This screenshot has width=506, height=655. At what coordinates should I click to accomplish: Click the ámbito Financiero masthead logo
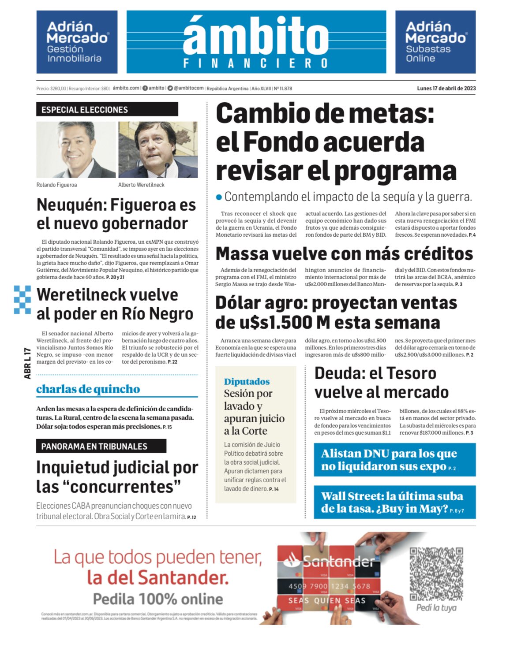click(256, 42)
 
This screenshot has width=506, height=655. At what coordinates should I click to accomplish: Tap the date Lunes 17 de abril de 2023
click(446, 88)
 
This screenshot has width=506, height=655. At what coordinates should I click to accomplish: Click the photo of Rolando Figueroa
click(76, 150)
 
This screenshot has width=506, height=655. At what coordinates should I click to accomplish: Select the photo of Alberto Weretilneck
click(158, 150)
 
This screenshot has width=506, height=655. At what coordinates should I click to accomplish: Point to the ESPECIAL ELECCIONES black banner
click(107, 109)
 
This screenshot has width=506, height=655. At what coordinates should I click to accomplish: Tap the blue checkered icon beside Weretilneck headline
click(22, 300)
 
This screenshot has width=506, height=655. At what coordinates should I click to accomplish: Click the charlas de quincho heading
click(88, 389)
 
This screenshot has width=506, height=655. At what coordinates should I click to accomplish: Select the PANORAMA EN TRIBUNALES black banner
click(101, 446)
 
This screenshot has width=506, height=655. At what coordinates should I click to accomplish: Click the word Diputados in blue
click(247, 382)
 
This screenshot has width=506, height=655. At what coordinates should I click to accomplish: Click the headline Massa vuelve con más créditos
click(344, 254)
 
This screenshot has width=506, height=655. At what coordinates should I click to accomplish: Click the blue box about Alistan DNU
click(394, 460)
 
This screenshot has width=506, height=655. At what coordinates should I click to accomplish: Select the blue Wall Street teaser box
click(394, 502)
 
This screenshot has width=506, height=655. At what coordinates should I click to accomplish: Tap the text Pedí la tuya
click(436, 608)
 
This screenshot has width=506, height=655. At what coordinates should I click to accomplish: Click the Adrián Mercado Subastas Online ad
click(435, 42)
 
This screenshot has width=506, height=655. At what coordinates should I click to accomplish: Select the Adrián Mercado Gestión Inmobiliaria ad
click(77, 42)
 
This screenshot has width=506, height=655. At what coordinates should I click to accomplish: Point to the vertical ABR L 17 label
click(28, 363)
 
